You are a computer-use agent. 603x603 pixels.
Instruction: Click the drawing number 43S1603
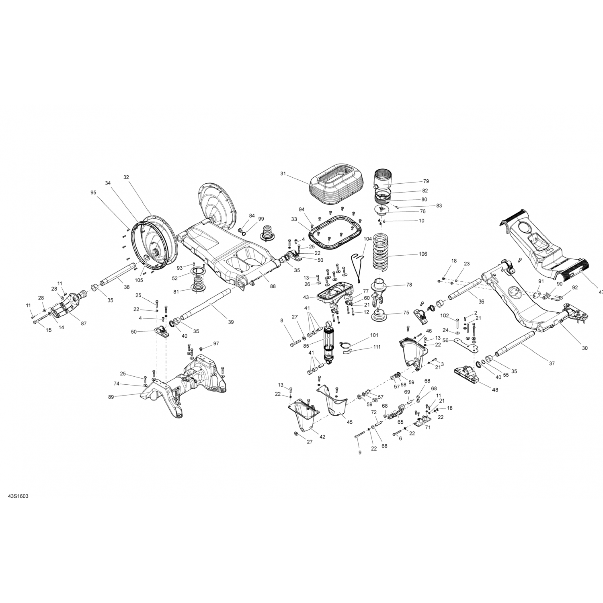click(18, 496)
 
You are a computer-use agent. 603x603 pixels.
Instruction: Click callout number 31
click(283, 174)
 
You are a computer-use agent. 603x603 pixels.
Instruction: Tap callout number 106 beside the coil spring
click(423, 254)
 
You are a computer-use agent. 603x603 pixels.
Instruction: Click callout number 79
click(426, 181)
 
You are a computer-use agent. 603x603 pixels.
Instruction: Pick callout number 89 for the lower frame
click(111, 397)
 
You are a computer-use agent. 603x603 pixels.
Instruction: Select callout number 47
click(601, 293)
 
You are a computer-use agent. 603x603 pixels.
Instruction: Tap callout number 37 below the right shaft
click(552, 363)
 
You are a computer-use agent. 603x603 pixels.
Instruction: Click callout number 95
click(93, 193)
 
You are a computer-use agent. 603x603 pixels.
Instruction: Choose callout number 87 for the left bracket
click(83, 323)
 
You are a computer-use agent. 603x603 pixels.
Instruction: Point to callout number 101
click(374, 335)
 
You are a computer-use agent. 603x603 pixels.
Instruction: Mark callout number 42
click(322, 437)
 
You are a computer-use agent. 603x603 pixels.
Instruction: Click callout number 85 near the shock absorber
click(306, 346)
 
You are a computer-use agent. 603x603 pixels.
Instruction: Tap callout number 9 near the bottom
click(360, 453)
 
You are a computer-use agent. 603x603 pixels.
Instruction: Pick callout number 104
click(367, 238)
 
